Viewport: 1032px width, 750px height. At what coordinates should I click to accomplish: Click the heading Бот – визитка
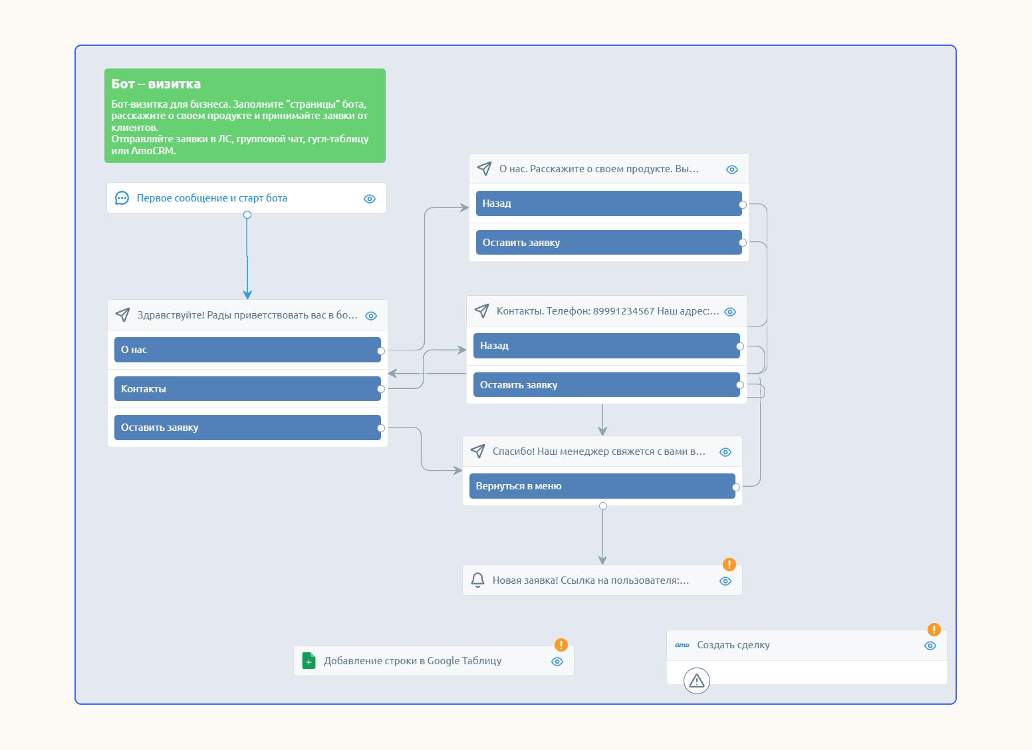coord(156,84)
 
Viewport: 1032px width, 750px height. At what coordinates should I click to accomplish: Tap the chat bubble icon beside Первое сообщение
coord(122,198)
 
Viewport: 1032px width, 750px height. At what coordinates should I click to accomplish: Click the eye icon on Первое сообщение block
coord(370,199)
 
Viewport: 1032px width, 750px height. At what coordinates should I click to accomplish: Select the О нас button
coord(247,350)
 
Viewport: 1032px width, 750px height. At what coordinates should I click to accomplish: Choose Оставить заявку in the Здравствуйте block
coord(247,428)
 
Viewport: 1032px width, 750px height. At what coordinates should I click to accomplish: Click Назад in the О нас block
coord(608,203)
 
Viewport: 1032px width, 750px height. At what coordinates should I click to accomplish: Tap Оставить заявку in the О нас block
coord(608,242)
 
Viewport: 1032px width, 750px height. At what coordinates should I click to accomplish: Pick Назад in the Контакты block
coord(606,346)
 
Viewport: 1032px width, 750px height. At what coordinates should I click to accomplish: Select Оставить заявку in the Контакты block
coord(606,385)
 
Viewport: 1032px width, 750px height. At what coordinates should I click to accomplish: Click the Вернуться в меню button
coord(602,486)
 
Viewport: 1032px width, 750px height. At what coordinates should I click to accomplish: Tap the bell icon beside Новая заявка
coord(477,580)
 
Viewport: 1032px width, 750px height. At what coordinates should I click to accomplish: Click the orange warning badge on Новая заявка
coord(729,564)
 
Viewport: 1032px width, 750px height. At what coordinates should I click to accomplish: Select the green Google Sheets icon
coord(309,661)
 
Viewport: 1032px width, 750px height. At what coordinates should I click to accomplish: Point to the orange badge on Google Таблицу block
coord(561,644)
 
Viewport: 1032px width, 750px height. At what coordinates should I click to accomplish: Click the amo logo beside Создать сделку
coord(682,645)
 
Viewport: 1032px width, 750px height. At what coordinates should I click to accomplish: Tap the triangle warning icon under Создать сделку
coord(697,680)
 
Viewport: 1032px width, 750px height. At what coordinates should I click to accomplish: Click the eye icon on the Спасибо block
coord(725,452)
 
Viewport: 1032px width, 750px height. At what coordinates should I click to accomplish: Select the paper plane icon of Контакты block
coord(481,311)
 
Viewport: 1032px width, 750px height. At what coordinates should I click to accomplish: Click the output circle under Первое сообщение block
coord(247,215)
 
